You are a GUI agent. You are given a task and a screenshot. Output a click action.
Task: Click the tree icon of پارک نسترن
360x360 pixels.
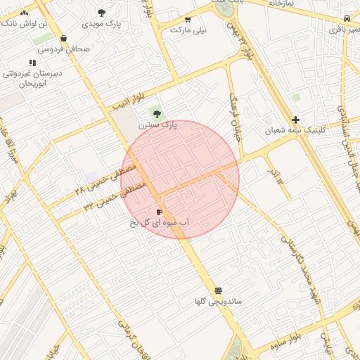[157, 112]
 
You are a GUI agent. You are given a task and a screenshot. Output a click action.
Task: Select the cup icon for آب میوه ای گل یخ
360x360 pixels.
[160, 212]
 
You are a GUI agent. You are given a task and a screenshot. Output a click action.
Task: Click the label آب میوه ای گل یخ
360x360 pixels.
[160, 223]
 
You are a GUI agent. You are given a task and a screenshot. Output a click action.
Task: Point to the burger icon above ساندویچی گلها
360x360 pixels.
[219, 290]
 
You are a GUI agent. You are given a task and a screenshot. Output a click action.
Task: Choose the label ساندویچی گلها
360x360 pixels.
[219, 302]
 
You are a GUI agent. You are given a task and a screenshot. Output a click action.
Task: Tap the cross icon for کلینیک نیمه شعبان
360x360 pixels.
[295, 120]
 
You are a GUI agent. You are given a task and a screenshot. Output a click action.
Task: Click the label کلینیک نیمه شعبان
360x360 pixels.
[295, 131]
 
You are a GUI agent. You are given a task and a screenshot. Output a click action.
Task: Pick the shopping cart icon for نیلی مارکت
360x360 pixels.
[188, 20]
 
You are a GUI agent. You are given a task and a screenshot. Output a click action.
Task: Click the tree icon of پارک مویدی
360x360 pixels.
[101, 13]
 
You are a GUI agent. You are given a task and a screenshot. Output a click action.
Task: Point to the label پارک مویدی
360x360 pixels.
[101, 24]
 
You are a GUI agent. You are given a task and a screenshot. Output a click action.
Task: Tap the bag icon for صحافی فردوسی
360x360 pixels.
[64, 38]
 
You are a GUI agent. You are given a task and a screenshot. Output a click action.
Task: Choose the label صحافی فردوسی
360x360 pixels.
[64, 49]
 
